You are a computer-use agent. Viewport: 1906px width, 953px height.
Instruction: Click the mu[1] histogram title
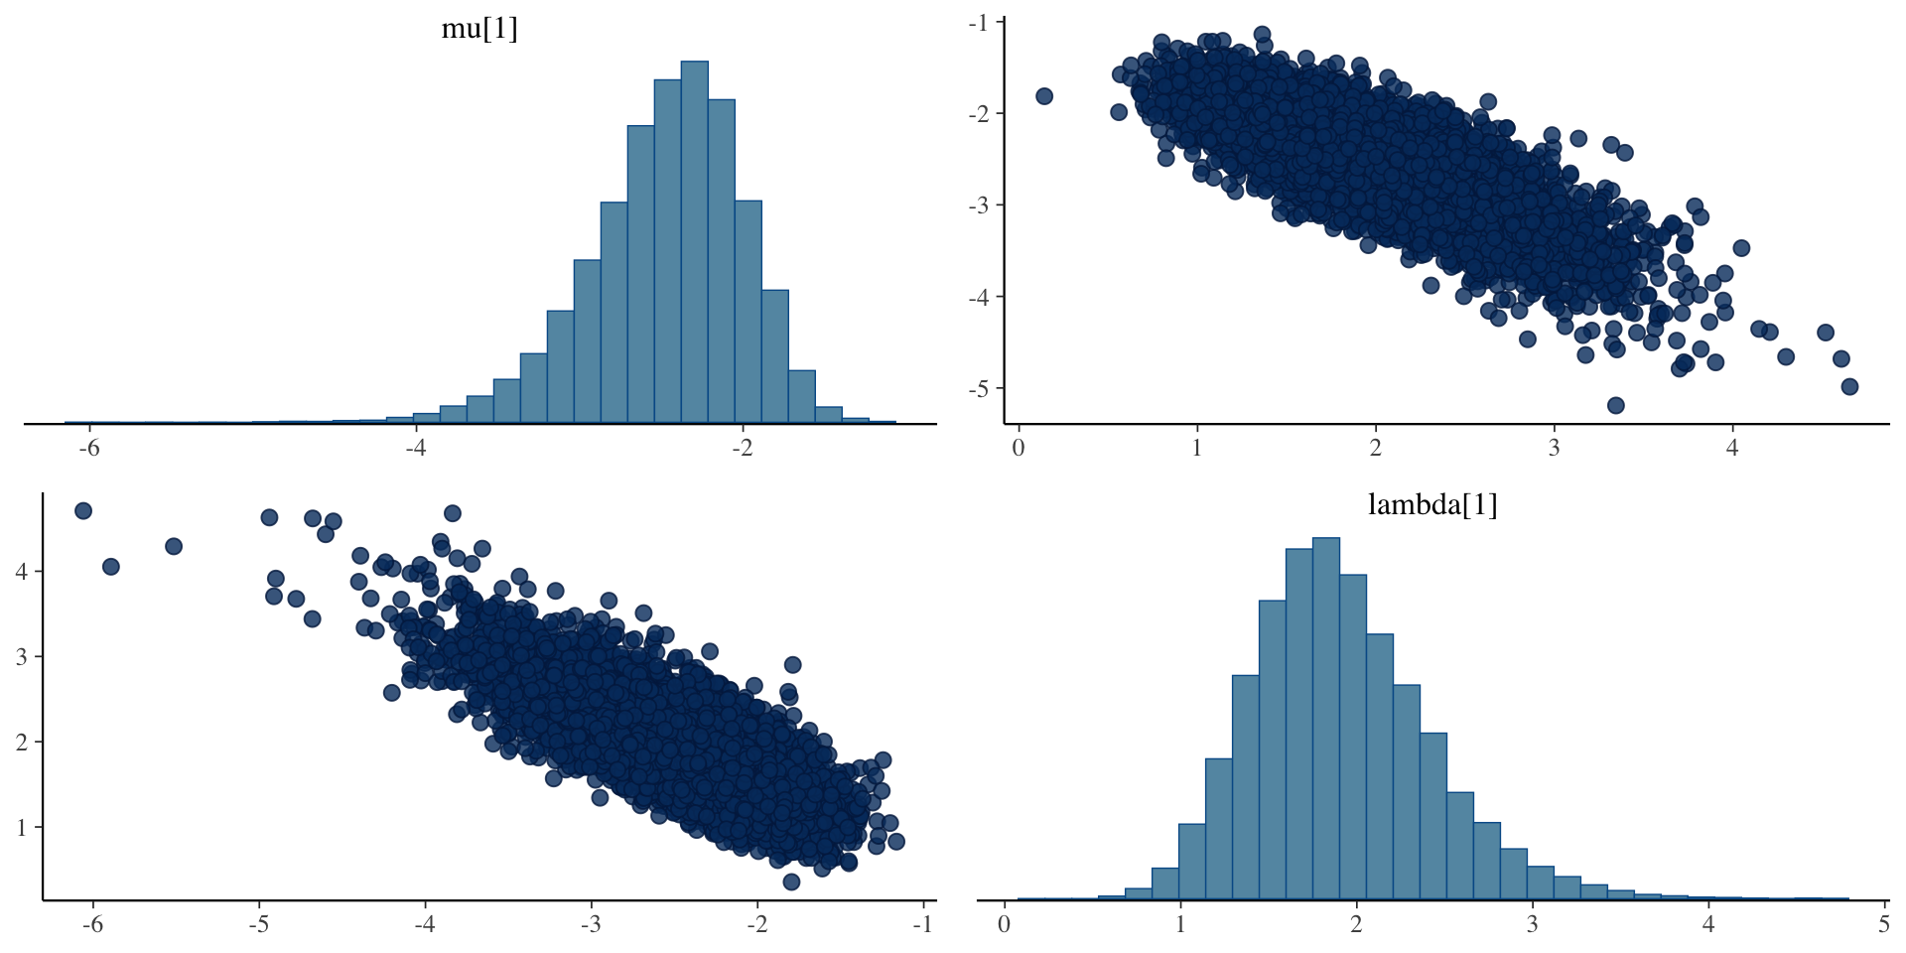479,29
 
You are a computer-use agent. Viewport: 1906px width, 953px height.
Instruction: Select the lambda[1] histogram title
1431,505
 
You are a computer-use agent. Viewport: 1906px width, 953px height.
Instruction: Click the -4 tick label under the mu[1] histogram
415,448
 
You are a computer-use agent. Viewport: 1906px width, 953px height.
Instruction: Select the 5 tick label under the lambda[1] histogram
1884,924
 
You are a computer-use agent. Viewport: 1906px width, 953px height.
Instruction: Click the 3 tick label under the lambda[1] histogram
1533,924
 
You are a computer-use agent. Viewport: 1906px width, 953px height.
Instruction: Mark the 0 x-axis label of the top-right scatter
1019,448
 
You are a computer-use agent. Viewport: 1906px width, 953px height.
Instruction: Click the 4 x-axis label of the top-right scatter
1732,448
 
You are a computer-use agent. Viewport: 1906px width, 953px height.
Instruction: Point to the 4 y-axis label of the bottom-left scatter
23,571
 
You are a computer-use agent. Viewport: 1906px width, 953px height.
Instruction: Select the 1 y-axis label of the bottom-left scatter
23,827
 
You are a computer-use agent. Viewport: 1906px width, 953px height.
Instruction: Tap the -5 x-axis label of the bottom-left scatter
259,924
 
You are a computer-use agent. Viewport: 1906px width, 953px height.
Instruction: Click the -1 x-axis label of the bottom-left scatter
922,924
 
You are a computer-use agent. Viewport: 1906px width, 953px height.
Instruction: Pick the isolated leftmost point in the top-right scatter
1044,96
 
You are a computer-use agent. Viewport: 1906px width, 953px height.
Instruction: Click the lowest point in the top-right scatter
1615,405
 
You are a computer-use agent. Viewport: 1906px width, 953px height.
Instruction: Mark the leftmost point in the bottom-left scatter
83,510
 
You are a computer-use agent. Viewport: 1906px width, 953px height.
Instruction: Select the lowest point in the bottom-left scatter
791,882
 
